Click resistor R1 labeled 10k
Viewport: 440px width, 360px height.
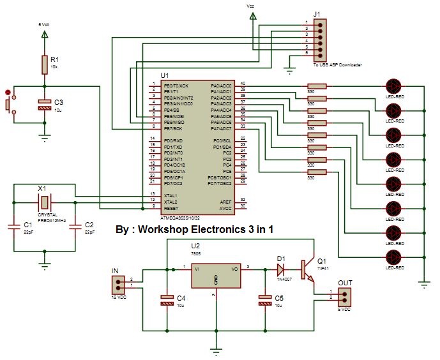point(44,64)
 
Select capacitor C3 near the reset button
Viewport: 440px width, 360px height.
point(44,105)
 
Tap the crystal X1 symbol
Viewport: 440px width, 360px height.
point(44,202)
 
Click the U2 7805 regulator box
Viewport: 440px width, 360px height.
point(216,275)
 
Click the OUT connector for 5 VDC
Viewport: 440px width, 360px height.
point(345,295)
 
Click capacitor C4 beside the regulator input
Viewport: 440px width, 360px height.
point(167,301)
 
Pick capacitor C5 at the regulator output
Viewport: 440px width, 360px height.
point(264,301)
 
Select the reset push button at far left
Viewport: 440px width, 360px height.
point(8,103)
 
